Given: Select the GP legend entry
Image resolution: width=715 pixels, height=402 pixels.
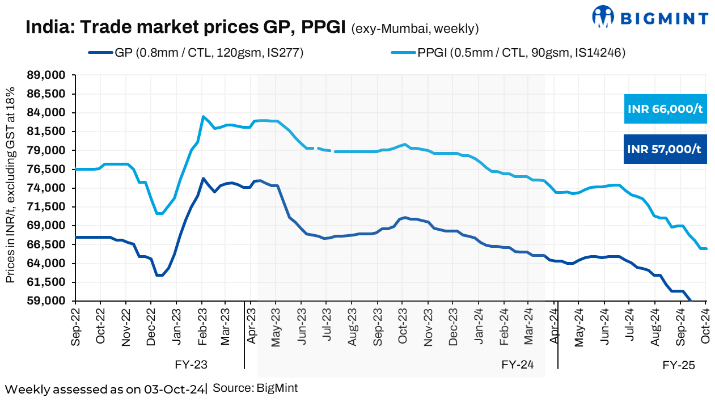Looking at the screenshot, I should coord(195,53).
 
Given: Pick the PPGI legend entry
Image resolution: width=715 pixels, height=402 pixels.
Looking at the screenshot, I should coord(508,53).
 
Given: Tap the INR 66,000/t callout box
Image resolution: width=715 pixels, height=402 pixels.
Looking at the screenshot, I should coord(665,109).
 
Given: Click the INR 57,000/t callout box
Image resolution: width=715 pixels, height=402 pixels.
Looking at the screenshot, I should coord(665,149).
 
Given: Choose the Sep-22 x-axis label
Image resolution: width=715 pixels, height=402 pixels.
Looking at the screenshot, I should coord(76,326).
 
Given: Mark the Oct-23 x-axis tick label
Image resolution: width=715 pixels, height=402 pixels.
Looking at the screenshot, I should coord(403,326).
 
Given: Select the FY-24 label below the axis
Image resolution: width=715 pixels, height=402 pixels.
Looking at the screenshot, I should coord(518,364).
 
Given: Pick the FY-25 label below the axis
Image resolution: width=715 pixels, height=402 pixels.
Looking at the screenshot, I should coord(679,364).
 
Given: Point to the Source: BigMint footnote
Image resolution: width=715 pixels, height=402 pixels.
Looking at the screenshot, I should coord(255,388).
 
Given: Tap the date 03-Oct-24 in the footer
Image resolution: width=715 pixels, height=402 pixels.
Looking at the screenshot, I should coord(174,389).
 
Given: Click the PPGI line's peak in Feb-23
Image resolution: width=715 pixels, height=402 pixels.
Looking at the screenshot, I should coord(203,117).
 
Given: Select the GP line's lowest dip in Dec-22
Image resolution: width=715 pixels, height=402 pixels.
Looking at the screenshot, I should coord(159,275).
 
